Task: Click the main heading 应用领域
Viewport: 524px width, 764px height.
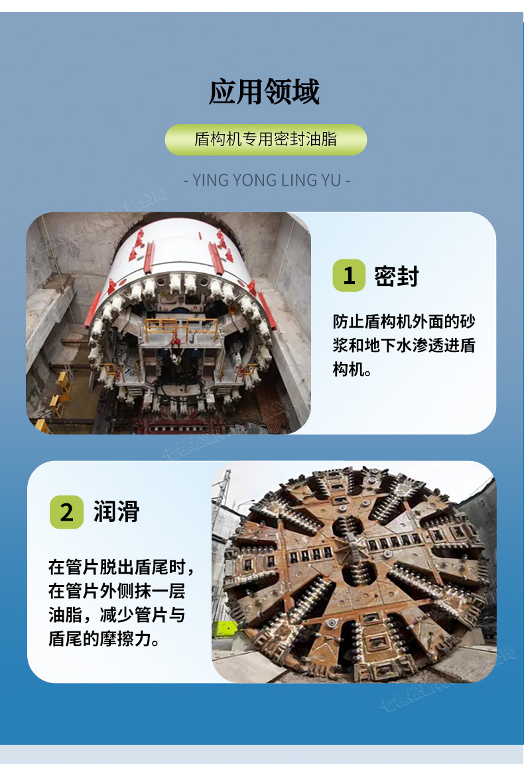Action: point(264,92)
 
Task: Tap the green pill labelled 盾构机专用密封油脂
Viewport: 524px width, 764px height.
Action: point(265,139)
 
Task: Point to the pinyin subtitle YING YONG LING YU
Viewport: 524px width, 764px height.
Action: point(266,179)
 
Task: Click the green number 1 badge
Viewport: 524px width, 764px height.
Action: point(349,275)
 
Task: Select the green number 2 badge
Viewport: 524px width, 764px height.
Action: point(66,512)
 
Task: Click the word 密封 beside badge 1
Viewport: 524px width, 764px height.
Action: point(397,276)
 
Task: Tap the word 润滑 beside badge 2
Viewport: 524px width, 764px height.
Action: point(117,512)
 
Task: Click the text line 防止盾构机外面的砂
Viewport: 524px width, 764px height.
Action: point(404,322)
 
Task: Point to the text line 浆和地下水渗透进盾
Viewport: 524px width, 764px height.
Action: point(404,346)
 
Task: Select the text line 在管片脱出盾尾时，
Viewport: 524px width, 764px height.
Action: point(121,568)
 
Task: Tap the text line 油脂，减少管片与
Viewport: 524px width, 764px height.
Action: point(116,615)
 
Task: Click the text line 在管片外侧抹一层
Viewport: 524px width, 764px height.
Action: point(116,592)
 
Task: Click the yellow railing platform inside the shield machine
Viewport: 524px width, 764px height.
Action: point(182,326)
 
